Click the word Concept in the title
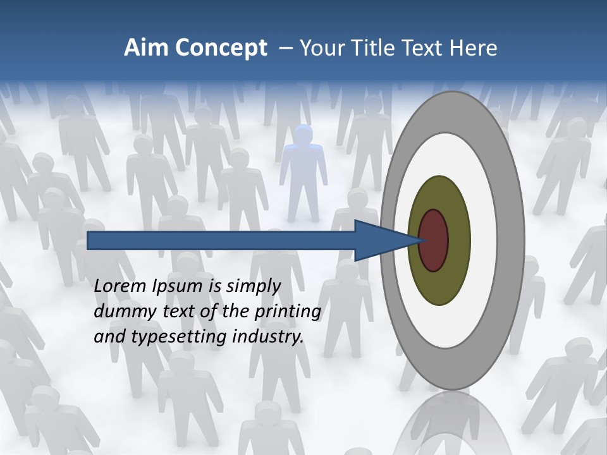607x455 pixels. [221, 47]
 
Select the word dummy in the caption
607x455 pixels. [120, 312]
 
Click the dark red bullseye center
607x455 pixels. [434, 241]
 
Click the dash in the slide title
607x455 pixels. [285, 47]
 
